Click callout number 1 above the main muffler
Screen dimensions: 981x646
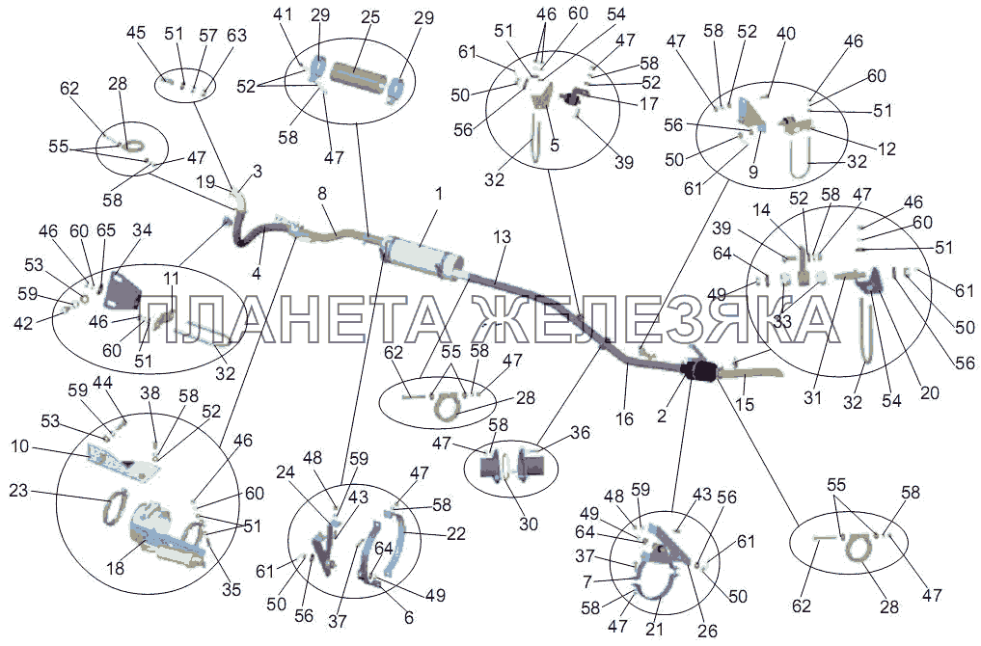click(x=439, y=193)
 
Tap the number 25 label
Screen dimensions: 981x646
click(x=370, y=17)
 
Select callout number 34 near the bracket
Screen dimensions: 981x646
click(x=142, y=230)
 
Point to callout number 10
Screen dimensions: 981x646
click(x=20, y=446)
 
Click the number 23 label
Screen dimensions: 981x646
click(x=18, y=490)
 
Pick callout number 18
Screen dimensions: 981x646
click(x=115, y=568)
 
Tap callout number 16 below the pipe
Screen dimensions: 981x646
click(x=624, y=418)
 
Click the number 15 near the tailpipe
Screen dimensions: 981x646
click(x=745, y=404)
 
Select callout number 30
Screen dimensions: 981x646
click(x=529, y=524)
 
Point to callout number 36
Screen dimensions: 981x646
click(x=580, y=432)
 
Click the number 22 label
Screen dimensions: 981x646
click(x=456, y=533)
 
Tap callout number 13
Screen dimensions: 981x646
click(x=502, y=237)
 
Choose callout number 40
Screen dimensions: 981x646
click(x=786, y=33)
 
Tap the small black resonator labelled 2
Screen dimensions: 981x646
click(x=700, y=370)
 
